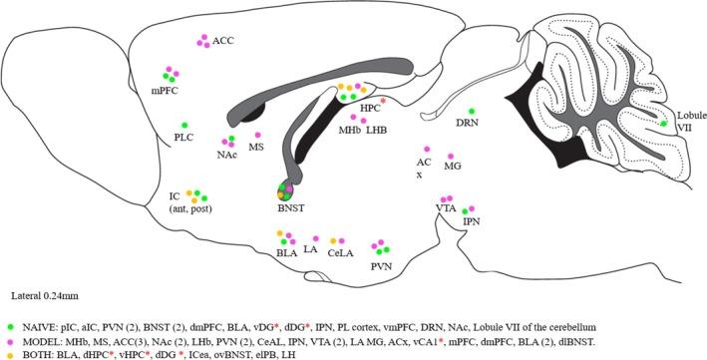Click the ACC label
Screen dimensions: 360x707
(223, 41)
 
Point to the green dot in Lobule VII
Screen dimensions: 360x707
(663, 124)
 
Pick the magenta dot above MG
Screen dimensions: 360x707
(451, 158)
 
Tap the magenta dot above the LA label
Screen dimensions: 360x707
(316, 238)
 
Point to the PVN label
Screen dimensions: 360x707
(380, 266)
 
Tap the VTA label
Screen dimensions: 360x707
(445, 207)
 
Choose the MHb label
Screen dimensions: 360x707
(349, 130)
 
